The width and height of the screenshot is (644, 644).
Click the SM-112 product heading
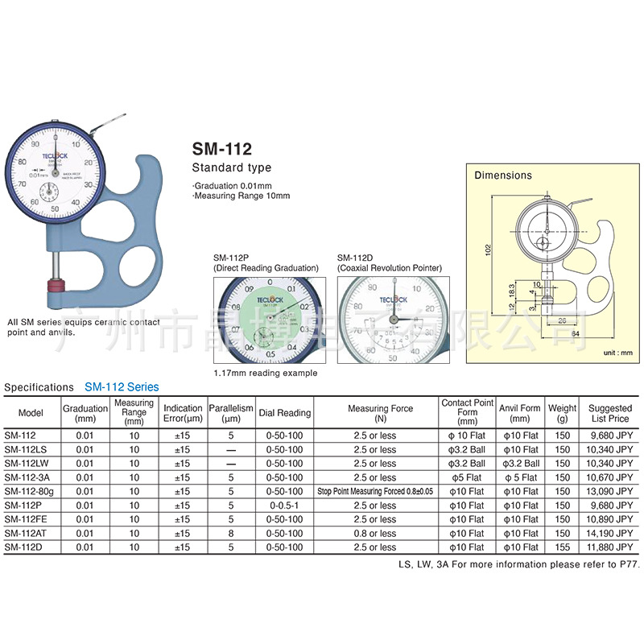[221, 149]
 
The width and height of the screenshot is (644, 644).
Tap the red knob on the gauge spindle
[56, 287]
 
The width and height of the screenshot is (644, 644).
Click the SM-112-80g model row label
[31, 491]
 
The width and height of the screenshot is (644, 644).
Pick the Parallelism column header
[231, 413]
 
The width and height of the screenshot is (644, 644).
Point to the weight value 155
[562, 547]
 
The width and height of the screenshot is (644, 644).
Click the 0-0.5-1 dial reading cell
[284, 506]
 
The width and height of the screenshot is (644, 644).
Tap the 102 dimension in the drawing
[488, 250]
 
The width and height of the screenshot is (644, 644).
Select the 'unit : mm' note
[618, 353]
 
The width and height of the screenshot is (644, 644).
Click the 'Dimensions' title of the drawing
[502, 175]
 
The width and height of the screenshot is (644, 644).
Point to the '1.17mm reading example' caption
[265, 373]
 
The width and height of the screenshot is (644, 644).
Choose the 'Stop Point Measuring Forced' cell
[374, 491]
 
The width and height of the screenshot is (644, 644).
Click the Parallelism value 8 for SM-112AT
[231, 533]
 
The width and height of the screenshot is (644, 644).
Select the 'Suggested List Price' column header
[609, 413]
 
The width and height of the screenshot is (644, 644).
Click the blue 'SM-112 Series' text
[122, 387]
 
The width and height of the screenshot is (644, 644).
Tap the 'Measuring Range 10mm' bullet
[241, 196]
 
